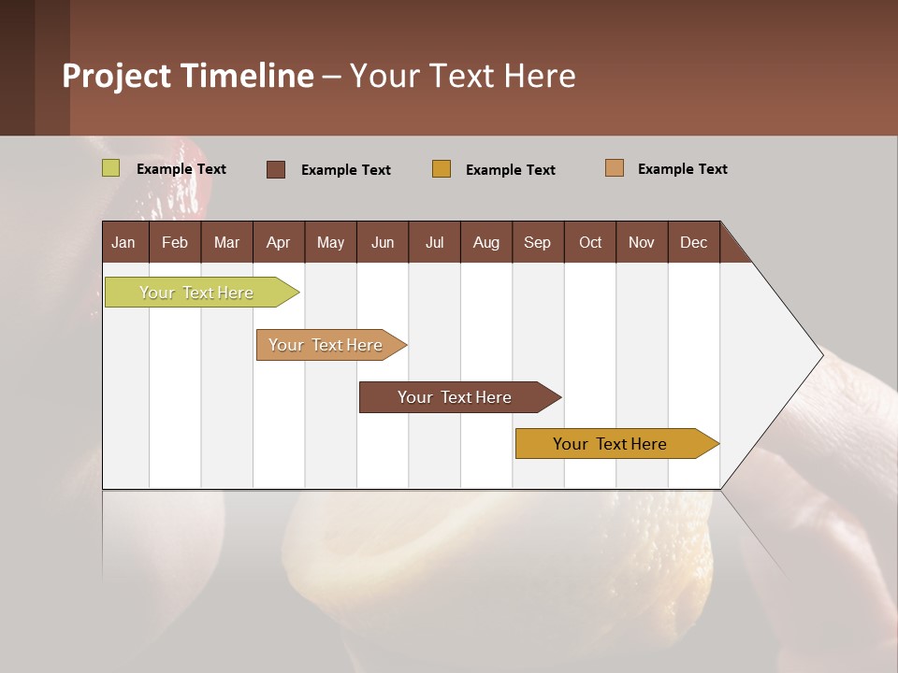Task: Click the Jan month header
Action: [123, 242]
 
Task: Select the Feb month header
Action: [175, 242]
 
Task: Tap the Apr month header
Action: [278, 242]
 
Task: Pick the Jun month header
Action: [383, 242]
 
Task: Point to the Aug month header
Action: [486, 242]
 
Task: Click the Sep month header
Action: [537, 242]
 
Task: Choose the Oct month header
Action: [590, 242]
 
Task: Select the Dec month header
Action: [693, 242]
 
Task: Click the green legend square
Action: [111, 168]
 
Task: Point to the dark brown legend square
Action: [276, 169]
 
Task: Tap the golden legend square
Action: [442, 169]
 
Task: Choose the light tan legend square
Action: [615, 168]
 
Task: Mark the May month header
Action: [330, 242]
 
